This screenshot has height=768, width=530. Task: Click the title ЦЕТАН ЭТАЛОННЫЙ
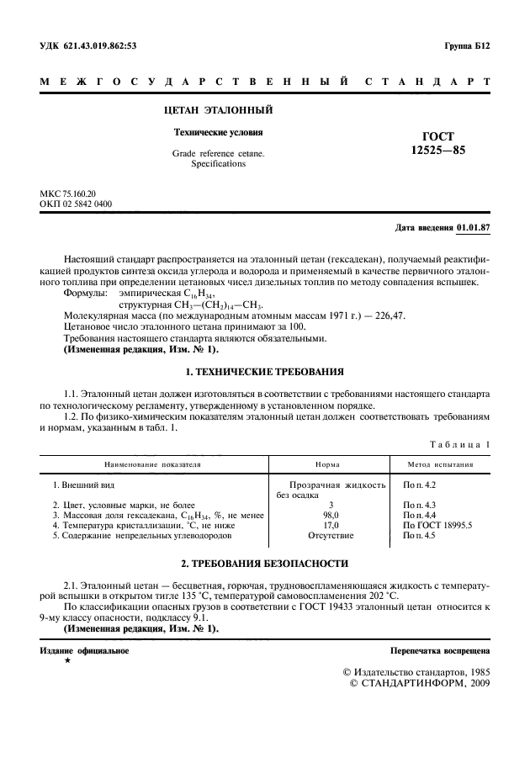coord(217,110)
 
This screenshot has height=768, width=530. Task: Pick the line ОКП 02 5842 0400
coord(76,204)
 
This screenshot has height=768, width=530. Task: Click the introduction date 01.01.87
coord(474,228)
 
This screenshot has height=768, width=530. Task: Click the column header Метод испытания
coord(440,463)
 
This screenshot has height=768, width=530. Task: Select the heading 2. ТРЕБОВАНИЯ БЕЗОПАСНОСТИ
coord(264,562)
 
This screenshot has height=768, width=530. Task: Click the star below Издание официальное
coord(67,661)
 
